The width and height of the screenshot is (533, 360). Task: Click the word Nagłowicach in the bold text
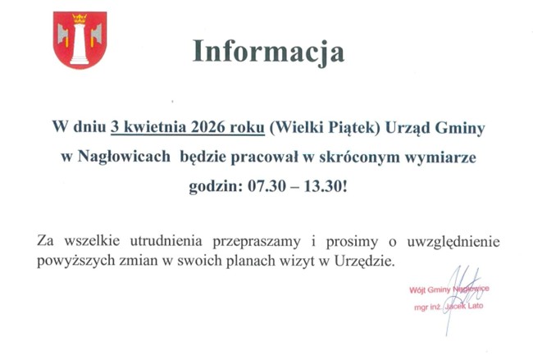tap(125, 156)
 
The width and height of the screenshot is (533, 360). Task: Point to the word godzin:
tap(212, 185)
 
